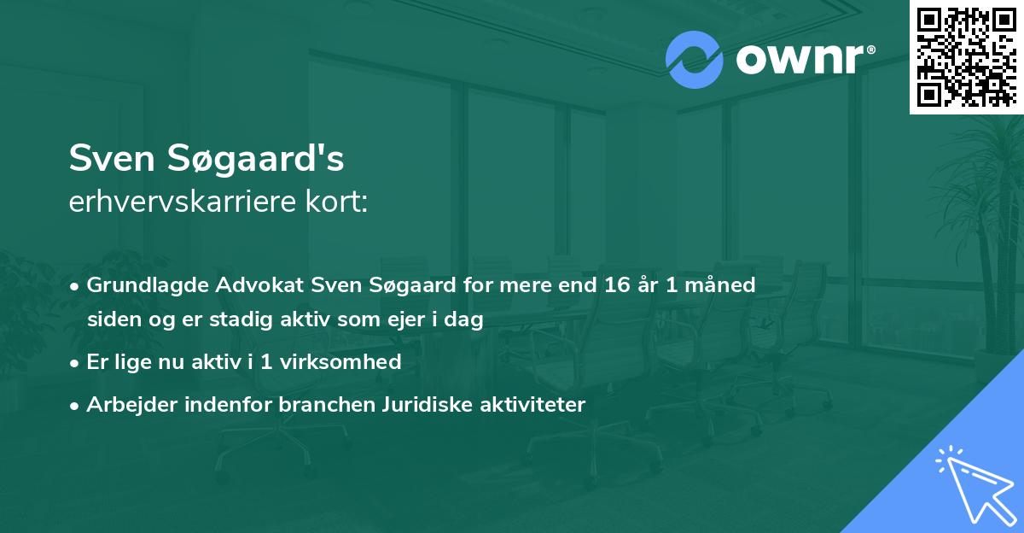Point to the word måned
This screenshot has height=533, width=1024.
tap(723, 284)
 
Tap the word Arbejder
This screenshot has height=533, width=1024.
tap(125, 404)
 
